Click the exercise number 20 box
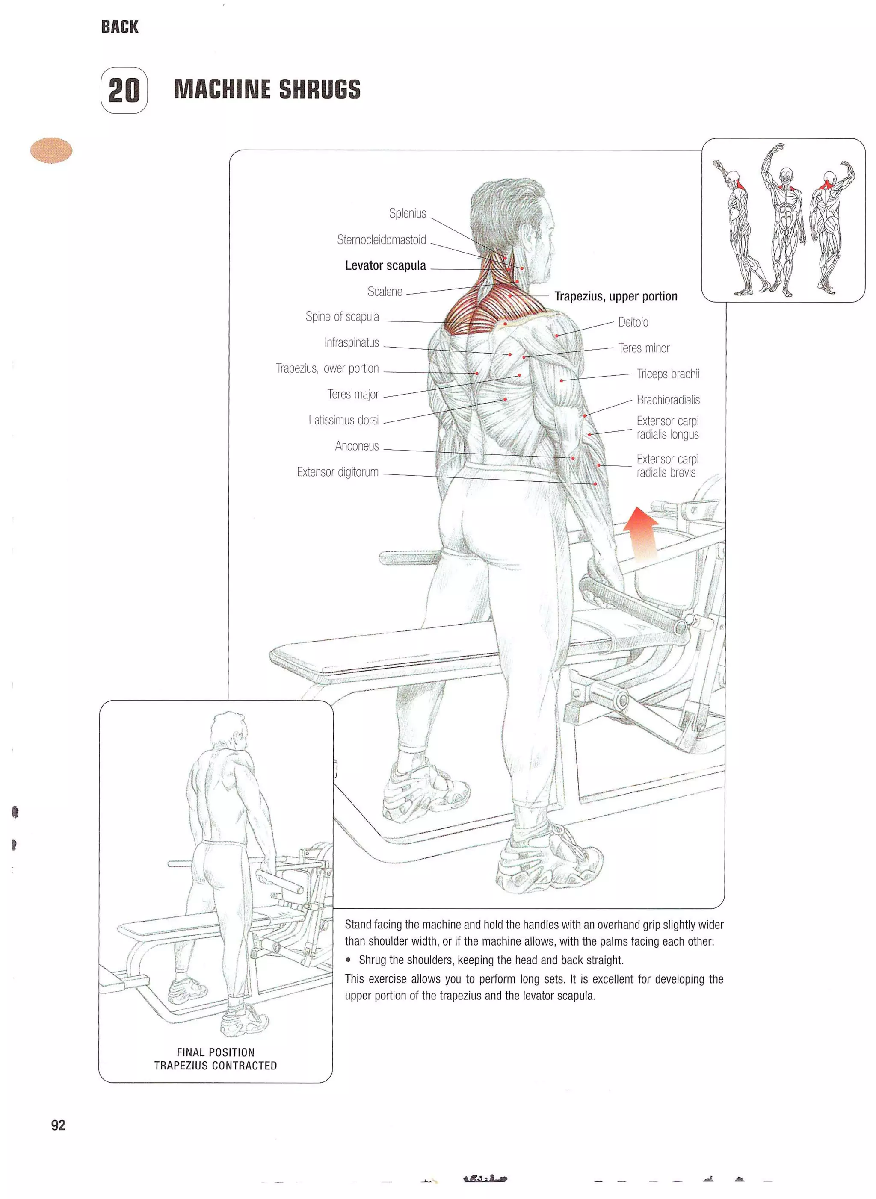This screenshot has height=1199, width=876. click(x=124, y=90)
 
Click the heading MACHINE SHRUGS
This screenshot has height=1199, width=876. click(x=267, y=89)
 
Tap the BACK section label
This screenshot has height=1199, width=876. click(x=119, y=27)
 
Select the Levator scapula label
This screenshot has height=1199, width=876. click(x=385, y=265)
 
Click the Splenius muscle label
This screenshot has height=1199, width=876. click(x=407, y=213)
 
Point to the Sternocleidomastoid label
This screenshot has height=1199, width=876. click(x=381, y=239)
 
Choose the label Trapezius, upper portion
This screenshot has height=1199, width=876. click(x=616, y=296)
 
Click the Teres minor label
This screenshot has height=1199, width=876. click(x=643, y=348)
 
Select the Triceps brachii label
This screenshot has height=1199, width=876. click(x=668, y=374)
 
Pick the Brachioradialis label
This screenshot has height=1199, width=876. click(x=668, y=400)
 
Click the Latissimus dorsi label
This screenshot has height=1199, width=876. click(x=343, y=420)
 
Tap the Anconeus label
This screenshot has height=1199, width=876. click(x=356, y=446)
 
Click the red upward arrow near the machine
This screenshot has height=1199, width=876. click(x=641, y=533)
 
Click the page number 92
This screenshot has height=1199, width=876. click(x=58, y=1125)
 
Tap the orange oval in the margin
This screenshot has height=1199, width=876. click(x=51, y=150)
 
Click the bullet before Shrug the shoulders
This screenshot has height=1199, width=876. click(x=348, y=960)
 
